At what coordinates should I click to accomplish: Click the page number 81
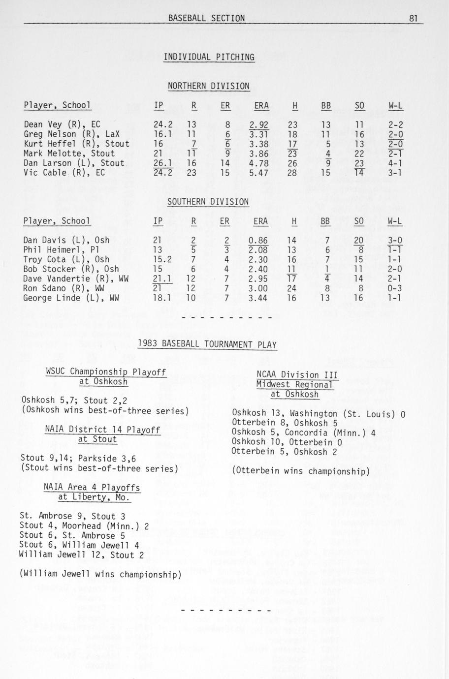(x=413, y=18)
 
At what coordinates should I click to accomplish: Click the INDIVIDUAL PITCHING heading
(x=209, y=57)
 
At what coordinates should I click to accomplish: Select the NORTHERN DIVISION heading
(x=208, y=86)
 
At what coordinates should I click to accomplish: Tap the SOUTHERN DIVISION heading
(x=208, y=202)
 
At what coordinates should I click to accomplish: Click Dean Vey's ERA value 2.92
(x=258, y=124)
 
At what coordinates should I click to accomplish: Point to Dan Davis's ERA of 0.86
(x=258, y=240)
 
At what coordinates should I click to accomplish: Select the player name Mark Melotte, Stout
(x=69, y=154)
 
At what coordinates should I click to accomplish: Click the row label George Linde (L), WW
(x=71, y=298)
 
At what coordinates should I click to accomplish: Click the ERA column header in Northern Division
(x=261, y=105)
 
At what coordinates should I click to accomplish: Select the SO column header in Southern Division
(x=358, y=221)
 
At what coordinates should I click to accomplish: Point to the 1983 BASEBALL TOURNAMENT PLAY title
(x=207, y=344)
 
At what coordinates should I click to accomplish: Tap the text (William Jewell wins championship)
(x=100, y=574)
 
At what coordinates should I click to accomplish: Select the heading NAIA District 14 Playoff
(x=102, y=429)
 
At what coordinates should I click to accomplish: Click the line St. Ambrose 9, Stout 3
(x=72, y=516)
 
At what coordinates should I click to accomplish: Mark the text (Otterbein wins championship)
(x=300, y=471)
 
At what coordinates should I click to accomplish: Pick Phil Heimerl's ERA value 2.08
(x=258, y=250)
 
